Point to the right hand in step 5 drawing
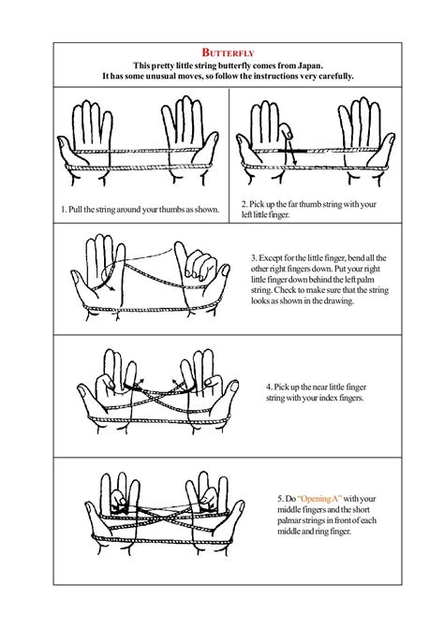[211, 510]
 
